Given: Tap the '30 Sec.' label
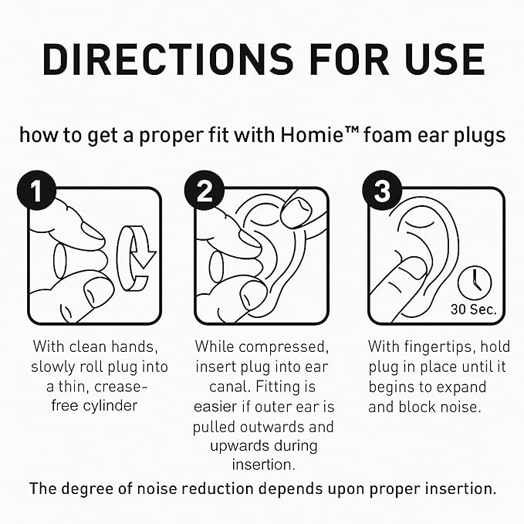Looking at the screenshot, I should (473, 309).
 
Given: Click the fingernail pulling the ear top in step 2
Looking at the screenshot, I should (295, 211).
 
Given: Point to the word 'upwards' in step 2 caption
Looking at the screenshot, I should (234, 446).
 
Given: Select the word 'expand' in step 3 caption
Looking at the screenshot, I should (479, 386).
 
